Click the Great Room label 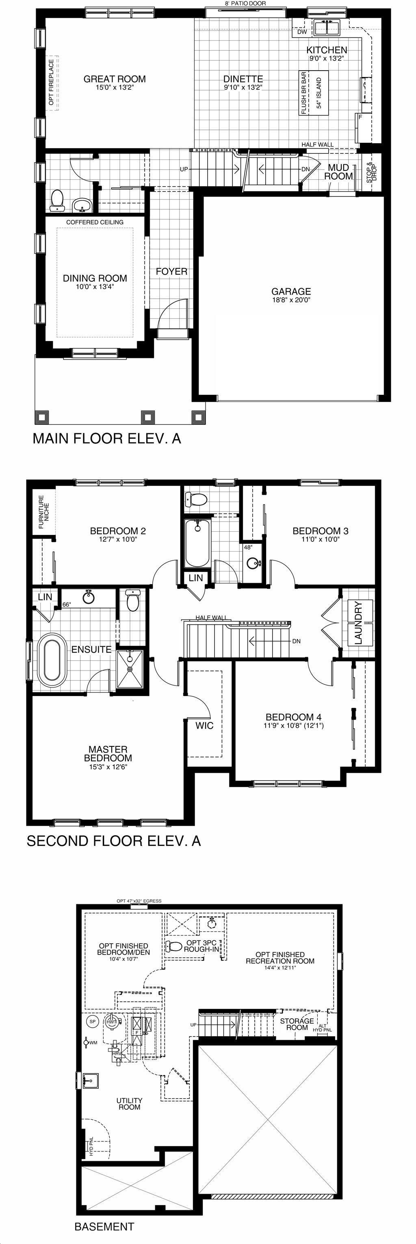[x=115, y=79]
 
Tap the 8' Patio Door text [x=245, y=3]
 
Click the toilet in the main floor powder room [x=57, y=201]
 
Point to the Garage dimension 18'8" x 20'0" [x=291, y=300]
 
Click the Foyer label [x=171, y=272]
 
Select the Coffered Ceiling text [x=95, y=222]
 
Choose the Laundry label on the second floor [x=358, y=623]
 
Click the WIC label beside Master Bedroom [x=204, y=725]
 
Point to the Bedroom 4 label [x=293, y=717]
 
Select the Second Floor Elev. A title [x=113, y=841]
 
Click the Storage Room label [x=297, y=1024]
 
